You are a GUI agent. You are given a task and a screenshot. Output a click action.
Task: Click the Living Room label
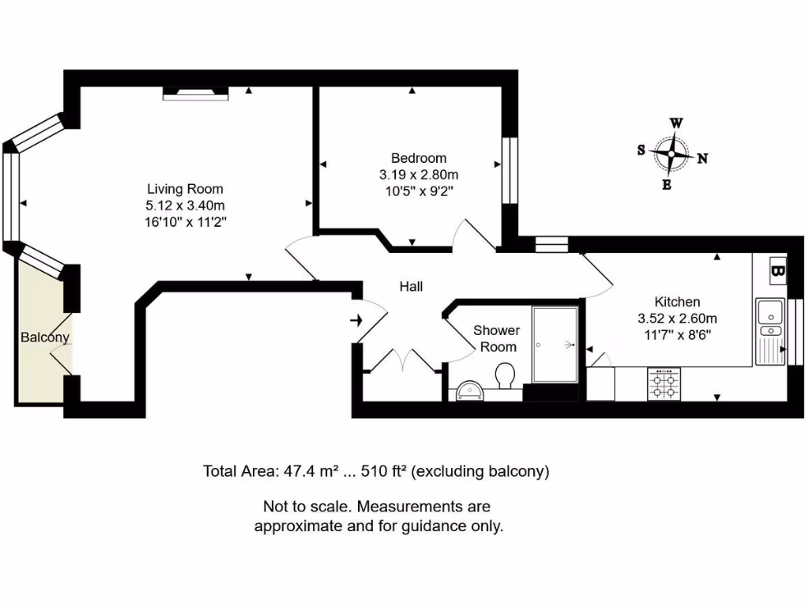185,189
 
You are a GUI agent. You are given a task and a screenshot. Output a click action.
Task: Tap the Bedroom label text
418,158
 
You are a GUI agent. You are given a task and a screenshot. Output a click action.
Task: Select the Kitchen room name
676,302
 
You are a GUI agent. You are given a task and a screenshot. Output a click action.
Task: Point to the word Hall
411,286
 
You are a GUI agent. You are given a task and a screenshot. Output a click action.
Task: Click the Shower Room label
496,338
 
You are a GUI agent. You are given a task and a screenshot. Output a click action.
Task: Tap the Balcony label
45,337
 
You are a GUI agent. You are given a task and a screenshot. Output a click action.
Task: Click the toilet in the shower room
504,375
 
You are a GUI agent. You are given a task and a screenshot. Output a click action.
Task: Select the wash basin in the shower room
472,390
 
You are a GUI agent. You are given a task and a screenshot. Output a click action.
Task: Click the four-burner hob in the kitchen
664,384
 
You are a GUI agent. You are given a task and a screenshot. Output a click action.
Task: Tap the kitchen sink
769,316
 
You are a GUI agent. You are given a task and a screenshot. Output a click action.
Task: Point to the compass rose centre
672,153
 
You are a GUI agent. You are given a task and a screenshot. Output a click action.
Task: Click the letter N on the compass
702,158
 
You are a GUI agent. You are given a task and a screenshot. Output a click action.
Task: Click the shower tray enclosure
556,345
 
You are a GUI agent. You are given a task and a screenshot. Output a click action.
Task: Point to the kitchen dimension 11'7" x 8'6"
677,335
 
